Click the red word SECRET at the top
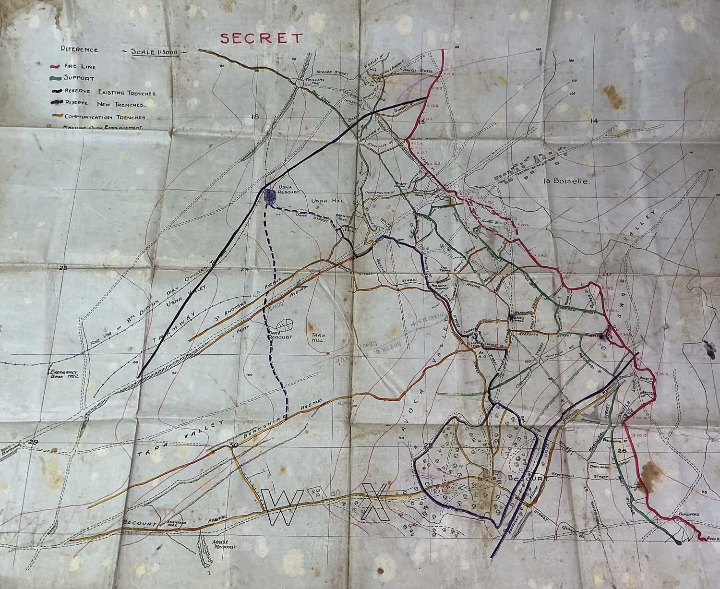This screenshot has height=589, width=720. click(262, 38)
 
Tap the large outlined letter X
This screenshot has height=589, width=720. click(375, 502)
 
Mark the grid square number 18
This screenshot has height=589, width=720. click(254, 118)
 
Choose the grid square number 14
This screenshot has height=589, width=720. click(594, 121)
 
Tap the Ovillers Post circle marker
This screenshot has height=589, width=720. click(299, 83)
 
